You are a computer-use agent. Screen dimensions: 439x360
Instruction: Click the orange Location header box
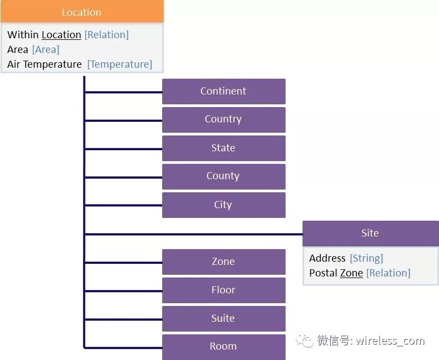[81, 12]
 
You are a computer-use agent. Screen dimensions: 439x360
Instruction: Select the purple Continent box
[223, 91]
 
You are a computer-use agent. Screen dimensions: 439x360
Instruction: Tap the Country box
[223, 120]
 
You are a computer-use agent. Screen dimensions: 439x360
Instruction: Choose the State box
[223, 148]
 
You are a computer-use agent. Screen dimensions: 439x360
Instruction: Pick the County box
[223, 176]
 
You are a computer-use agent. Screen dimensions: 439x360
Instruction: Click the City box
[223, 205]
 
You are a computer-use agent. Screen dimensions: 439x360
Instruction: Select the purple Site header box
[370, 233]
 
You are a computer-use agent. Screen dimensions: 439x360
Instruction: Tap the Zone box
[223, 262]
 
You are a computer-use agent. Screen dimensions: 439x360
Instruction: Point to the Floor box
[223, 290]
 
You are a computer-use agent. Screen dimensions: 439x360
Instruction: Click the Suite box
[223, 318]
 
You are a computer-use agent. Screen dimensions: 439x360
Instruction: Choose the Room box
[223, 346]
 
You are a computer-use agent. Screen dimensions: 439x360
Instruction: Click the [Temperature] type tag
[120, 64]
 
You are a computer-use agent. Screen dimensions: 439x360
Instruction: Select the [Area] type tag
[45, 50]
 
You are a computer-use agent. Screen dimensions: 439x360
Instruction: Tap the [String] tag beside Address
[366, 258]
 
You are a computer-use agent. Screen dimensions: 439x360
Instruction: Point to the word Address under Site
[327, 258]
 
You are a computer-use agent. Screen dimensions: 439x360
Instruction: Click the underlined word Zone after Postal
[351, 273]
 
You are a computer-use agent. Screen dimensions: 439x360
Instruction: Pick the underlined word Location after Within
[61, 35]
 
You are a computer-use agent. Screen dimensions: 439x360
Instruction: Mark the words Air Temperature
[44, 64]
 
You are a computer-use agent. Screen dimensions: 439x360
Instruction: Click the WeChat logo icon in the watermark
[305, 341]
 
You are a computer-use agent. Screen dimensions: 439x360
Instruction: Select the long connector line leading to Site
[194, 234]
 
